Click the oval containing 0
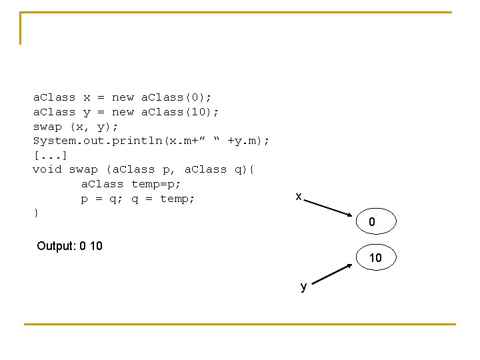point(372,222)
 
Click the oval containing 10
point(375,257)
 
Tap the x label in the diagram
point(299,196)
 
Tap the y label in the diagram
point(303,287)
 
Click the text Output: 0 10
point(70,246)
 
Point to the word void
point(47,169)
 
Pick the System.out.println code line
point(151,140)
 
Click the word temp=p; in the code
point(156,184)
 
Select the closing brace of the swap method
point(36,213)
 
